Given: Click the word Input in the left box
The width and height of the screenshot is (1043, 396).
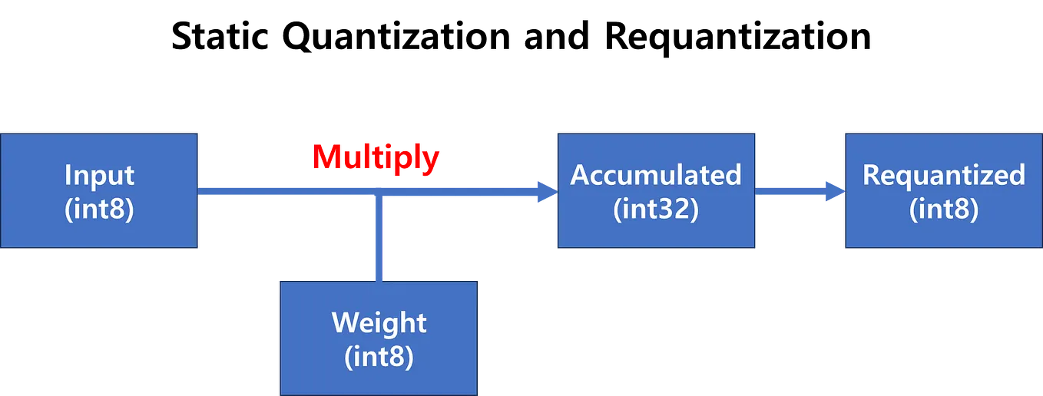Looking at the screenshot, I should tap(100, 176).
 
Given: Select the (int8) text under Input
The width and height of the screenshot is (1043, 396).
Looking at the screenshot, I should tap(100, 209).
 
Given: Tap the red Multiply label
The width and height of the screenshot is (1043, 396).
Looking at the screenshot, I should tap(376, 158).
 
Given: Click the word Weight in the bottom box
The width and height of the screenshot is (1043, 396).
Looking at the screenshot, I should tap(379, 322).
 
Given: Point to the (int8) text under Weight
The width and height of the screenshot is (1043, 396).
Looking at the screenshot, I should tap(379, 356).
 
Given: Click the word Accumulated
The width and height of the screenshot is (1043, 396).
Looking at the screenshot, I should tap(655, 175).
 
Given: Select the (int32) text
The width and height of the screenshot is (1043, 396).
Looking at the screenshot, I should tap(655, 209).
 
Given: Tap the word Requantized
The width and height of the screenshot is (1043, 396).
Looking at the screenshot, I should tap(943, 175).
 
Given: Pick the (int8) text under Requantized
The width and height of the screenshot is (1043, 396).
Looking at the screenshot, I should tap(943, 209).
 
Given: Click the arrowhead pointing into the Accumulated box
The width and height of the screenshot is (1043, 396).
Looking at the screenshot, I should tap(545, 192).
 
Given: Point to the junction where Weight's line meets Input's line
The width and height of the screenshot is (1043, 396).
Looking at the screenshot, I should tap(378, 192).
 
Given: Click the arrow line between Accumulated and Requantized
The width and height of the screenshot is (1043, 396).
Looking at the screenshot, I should tap(791, 191).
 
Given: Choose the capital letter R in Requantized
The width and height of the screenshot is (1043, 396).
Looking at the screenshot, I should tap(871, 175).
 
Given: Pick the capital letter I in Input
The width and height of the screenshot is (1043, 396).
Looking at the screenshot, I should tap(68, 176).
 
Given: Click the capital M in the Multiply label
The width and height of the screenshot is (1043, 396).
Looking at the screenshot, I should tap(326, 158).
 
